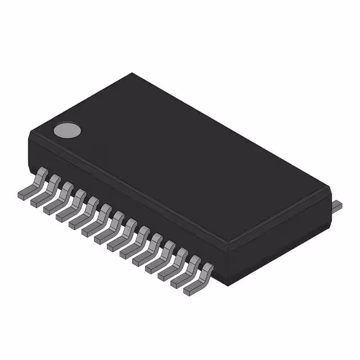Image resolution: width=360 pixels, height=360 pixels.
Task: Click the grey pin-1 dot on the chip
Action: coord(67,130)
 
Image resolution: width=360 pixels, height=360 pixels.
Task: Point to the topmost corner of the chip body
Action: coord(133,73)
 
